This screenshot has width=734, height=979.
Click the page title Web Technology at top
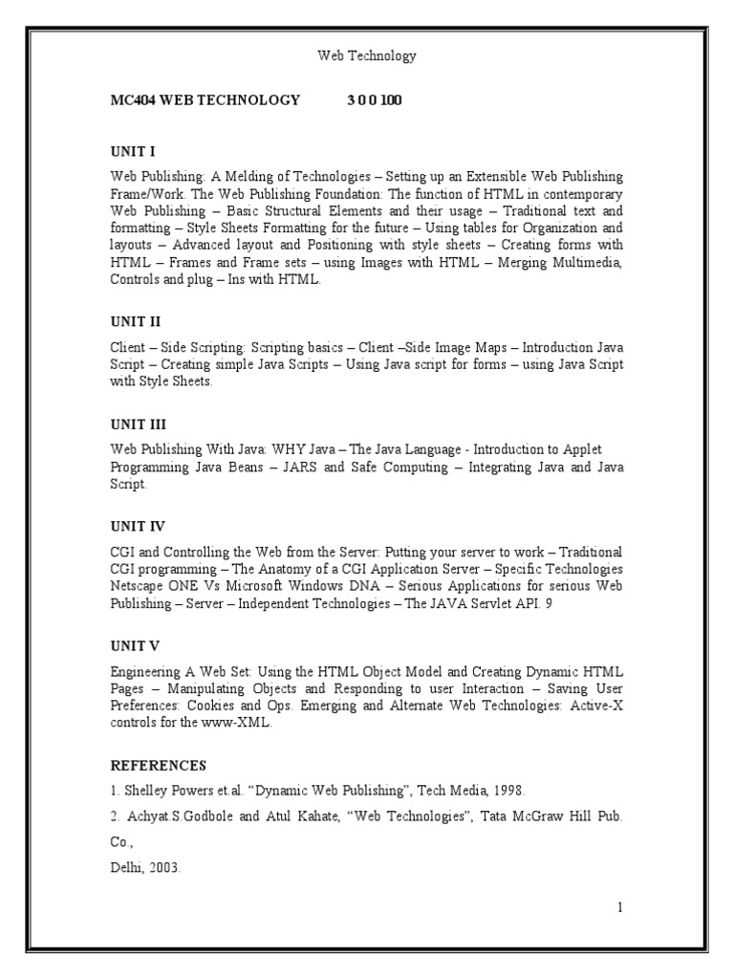click(366, 56)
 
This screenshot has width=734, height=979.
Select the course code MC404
click(134, 100)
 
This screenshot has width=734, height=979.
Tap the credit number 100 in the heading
click(391, 100)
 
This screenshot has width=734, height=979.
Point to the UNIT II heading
click(135, 322)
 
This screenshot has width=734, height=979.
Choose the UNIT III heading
click(138, 424)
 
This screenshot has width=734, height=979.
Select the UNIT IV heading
click(138, 527)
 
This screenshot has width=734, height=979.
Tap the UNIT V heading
click(135, 645)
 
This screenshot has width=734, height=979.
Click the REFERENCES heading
click(158, 765)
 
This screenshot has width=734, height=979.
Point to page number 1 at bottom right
click(620, 907)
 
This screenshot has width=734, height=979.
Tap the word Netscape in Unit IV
click(140, 586)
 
